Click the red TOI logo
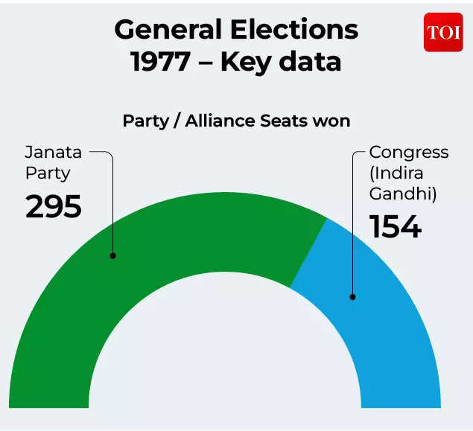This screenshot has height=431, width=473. [x=443, y=32]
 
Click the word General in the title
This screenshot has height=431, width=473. [x=169, y=30]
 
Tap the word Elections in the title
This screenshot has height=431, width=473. [x=295, y=30]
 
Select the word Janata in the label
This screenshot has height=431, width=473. [x=53, y=153]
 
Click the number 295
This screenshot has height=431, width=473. [x=54, y=206]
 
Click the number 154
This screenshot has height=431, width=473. [x=396, y=226]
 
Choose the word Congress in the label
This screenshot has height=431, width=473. [x=409, y=153]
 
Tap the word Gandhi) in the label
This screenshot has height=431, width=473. [x=403, y=194]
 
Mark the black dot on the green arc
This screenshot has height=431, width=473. [x=113, y=255]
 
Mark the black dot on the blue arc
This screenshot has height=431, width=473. [x=352, y=297]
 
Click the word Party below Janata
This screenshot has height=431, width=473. [x=48, y=173]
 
